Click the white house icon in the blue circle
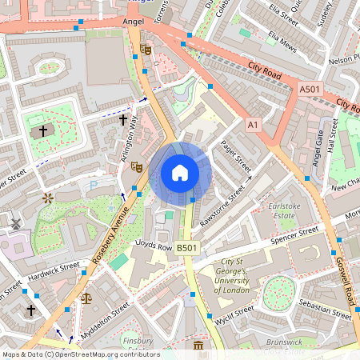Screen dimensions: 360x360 (179, 173)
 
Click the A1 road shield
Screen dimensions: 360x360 (254, 126)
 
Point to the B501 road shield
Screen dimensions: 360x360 (186, 249)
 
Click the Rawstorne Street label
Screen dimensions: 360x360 (224, 204)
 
